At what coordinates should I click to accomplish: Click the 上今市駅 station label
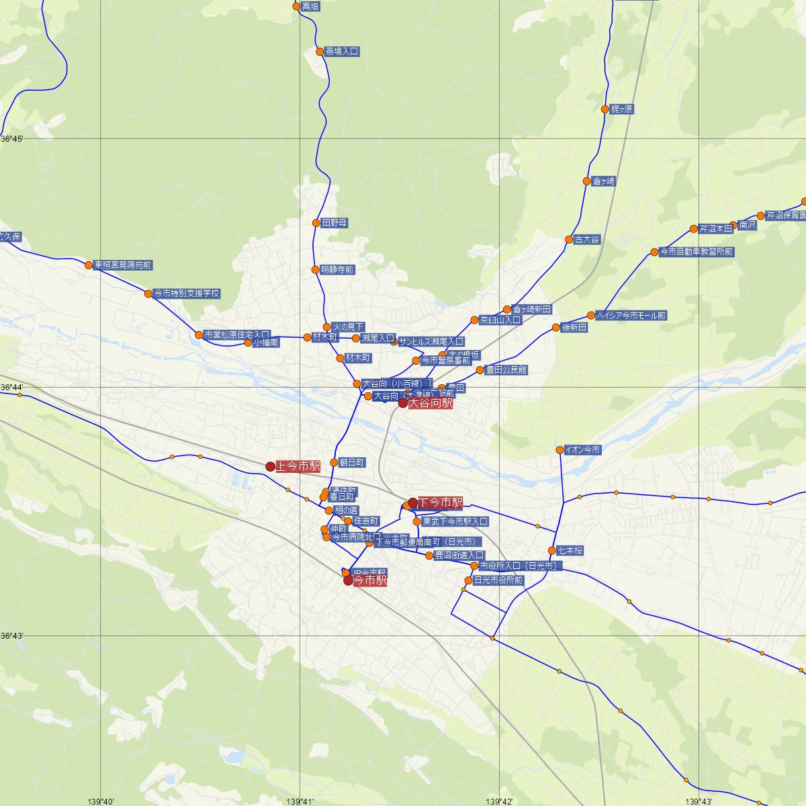[x=298, y=466]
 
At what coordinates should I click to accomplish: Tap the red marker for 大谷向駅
[x=403, y=403]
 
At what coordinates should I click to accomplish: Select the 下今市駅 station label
[x=440, y=502]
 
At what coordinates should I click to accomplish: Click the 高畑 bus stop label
[x=310, y=7]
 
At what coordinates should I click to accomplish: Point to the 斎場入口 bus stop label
[x=342, y=51]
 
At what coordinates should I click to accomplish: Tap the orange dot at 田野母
[x=316, y=223]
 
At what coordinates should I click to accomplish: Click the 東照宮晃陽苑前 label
[x=123, y=265]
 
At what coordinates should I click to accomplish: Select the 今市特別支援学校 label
[x=187, y=294]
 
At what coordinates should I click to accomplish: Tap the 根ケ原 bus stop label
[x=621, y=109]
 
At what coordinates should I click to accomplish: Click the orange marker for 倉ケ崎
[x=586, y=181]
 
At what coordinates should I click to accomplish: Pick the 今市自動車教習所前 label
[x=697, y=252]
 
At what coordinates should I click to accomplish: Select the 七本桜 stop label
[x=570, y=551]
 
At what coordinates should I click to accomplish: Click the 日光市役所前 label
[x=498, y=580]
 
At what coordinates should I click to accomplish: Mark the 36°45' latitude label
[x=12, y=138]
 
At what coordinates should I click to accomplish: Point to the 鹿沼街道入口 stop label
[x=459, y=555]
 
